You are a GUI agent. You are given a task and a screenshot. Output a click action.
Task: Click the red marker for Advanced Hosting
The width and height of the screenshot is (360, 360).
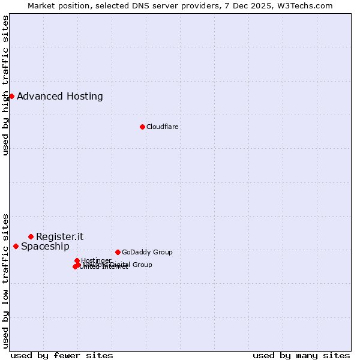[x=11, y=96]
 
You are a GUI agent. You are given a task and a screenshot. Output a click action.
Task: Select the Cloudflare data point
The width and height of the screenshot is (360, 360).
[x=142, y=127]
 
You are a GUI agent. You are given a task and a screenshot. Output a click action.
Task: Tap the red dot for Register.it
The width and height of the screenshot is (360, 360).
[x=31, y=236]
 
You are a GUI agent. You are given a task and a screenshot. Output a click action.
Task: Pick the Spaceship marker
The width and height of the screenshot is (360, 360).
[x=16, y=246]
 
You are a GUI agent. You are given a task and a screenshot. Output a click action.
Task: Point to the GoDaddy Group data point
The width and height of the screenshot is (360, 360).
[x=118, y=252]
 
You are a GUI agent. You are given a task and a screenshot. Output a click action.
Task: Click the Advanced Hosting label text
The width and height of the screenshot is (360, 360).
[x=60, y=96]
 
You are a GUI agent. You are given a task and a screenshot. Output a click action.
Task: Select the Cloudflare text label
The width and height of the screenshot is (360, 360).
[x=163, y=127]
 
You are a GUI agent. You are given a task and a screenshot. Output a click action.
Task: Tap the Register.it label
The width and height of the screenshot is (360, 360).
[x=60, y=236]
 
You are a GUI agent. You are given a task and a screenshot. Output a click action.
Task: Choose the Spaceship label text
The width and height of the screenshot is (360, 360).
[x=45, y=246]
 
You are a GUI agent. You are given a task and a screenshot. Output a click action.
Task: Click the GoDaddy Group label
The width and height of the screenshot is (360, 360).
[x=147, y=252]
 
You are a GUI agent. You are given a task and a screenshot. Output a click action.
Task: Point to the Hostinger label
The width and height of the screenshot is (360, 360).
[x=96, y=260]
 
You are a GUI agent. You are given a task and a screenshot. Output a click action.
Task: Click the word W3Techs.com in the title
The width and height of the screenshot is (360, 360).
[x=307, y=5]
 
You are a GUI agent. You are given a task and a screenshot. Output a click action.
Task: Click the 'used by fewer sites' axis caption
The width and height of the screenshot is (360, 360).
[x=62, y=355]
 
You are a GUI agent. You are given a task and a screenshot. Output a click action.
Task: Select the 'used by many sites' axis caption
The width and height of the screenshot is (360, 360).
[x=301, y=355]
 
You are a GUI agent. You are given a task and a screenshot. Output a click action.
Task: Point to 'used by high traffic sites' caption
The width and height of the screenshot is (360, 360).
[x=5, y=85]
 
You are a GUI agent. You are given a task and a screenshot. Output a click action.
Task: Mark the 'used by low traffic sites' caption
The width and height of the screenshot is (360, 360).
[x=5, y=280]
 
